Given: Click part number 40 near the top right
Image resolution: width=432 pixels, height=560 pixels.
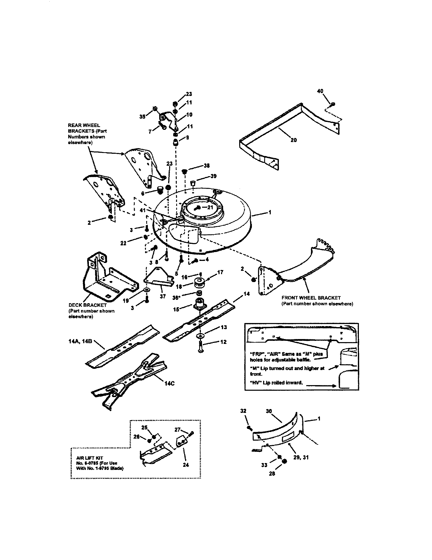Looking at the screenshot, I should (x=320, y=91).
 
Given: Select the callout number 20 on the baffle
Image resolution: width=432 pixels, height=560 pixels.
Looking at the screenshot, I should (x=293, y=140).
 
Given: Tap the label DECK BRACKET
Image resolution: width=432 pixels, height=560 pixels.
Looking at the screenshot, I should (x=87, y=305).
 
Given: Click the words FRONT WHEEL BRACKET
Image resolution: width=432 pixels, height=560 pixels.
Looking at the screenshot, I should (x=311, y=298).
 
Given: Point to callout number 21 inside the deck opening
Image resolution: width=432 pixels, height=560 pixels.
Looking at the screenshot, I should (x=210, y=207).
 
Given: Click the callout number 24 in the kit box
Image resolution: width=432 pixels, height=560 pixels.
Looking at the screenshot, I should (x=186, y=472).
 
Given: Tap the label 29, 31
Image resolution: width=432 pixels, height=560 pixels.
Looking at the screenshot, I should (x=301, y=457).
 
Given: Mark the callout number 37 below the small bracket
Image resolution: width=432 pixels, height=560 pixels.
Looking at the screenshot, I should (x=163, y=297).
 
